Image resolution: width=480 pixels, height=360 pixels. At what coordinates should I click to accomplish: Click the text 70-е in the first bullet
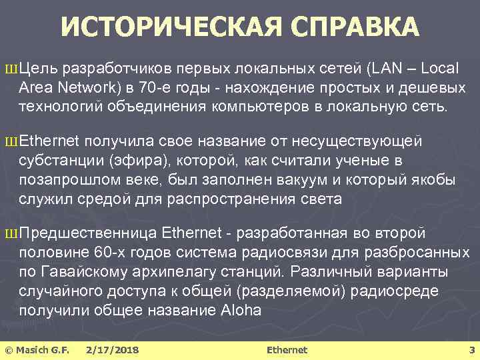[x=169, y=88]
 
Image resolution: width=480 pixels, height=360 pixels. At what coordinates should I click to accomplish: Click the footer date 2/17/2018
[x=112, y=349]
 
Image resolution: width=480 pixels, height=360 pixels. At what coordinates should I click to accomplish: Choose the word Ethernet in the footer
[x=287, y=349]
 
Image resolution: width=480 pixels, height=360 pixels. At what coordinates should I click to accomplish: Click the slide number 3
[x=471, y=349]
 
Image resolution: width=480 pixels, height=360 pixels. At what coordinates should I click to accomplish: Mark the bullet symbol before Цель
[x=9, y=69]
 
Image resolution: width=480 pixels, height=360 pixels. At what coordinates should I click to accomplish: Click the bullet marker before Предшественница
[x=9, y=235]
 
